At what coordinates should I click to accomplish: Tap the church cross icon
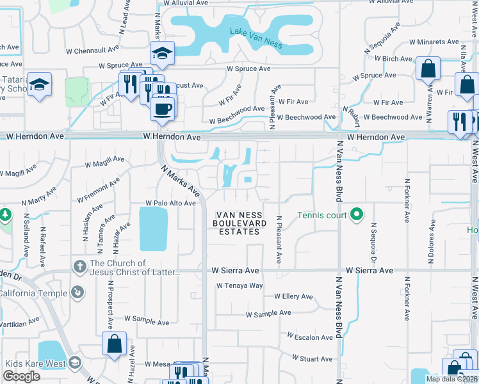79,266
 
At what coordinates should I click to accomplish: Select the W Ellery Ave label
293,296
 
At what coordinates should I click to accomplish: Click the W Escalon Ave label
310,336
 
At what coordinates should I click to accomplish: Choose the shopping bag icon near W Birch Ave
427,68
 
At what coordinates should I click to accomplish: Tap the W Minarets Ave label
434,42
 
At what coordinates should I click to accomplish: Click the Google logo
21,376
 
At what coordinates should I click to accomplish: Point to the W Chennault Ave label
93,49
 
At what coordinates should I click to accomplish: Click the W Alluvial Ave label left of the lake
186,3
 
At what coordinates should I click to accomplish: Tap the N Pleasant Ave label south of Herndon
279,239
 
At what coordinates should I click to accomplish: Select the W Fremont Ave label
98,190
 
